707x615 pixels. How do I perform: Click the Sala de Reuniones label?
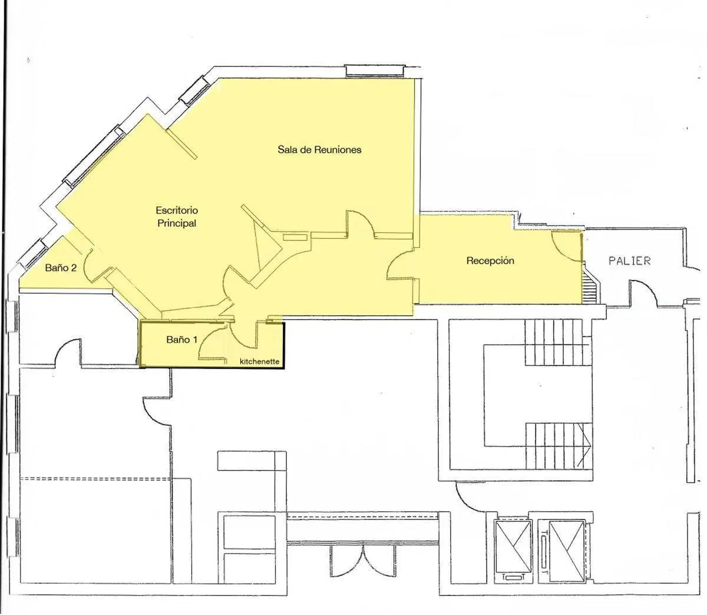319,149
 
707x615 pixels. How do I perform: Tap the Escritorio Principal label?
177,216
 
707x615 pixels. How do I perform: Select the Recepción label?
490,261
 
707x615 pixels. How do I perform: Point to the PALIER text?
629,261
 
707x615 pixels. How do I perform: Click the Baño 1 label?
182,340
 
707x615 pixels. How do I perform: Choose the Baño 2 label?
61,268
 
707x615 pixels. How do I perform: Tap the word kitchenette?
259,361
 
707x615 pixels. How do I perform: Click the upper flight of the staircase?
557,342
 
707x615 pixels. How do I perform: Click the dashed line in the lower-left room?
95,479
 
